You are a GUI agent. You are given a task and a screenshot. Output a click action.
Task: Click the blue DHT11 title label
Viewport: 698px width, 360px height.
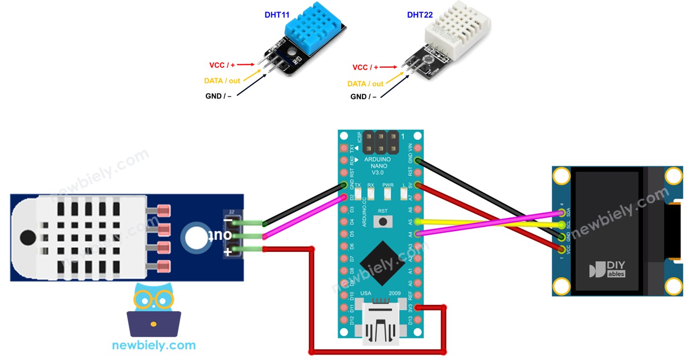click(x=278, y=15)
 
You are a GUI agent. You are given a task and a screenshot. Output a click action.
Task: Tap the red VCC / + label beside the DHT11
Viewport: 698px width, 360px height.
click(x=222, y=65)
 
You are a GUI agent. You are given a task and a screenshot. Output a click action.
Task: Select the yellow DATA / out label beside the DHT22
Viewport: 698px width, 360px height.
click(x=365, y=84)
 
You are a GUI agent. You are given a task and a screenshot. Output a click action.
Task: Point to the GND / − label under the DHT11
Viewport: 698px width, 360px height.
click(x=220, y=96)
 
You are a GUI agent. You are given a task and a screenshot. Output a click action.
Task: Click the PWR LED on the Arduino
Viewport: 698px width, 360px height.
click(x=388, y=193)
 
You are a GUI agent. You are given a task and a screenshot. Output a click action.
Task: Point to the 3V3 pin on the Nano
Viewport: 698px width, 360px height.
click(x=418, y=309)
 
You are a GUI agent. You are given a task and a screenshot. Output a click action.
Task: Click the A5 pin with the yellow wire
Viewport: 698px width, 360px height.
click(x=418, y=221)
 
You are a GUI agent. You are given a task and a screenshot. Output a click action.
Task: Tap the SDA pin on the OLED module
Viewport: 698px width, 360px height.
click(x=562, y=214)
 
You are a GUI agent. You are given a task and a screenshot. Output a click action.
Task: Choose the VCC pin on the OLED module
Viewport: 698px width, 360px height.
click(x=562, y=248)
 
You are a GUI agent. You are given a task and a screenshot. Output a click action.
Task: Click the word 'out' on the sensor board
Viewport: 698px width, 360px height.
click(x=227, y=235)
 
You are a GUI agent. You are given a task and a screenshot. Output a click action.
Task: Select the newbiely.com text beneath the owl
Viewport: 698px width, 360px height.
click(x=154, y=345)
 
